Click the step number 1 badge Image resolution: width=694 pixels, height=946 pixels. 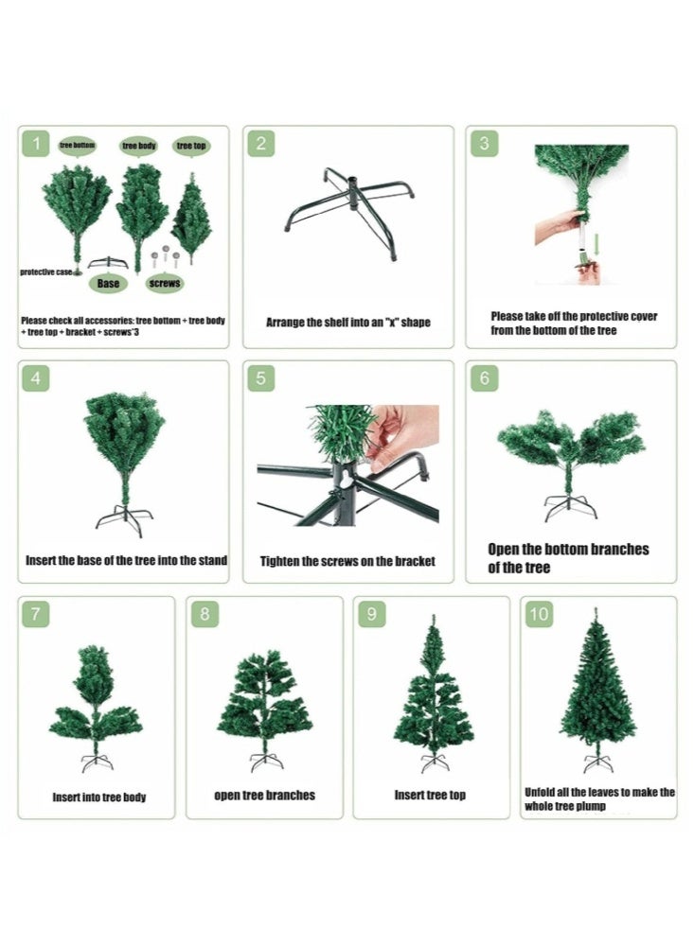(x=36, y=144)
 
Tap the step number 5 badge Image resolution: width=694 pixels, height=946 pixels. (x=261, y=378)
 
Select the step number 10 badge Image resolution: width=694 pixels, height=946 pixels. (x=540, y=614)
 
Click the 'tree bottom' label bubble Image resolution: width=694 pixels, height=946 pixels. (x=78, y=146)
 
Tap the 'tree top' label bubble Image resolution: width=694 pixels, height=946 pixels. (x=191, y=146)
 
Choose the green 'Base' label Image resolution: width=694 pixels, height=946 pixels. (x=108, y=283)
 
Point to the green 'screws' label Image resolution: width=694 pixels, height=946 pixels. (x=165, y=283)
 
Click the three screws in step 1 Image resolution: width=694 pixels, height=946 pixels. (x=165, y=257)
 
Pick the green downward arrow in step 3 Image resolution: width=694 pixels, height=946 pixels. (x=596, y=245)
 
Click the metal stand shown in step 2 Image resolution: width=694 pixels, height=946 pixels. (x=349, y=212)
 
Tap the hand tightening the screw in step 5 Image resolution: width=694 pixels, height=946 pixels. (x=401, y=435)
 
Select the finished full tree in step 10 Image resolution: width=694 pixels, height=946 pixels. (x=598, y=690)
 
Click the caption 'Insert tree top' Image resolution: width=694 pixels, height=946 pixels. (x=430, y=796)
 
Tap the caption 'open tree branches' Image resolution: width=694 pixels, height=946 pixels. (x=264, y=796)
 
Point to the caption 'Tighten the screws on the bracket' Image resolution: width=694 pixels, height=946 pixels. (x=347, y=561)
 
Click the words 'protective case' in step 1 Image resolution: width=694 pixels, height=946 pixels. (x=45, y=272)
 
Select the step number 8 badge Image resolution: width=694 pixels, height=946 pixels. (x=205, y=614)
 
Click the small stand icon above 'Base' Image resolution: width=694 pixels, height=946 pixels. (x=108, y=263)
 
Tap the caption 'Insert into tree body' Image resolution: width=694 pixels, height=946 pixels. (x=99, y=797)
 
